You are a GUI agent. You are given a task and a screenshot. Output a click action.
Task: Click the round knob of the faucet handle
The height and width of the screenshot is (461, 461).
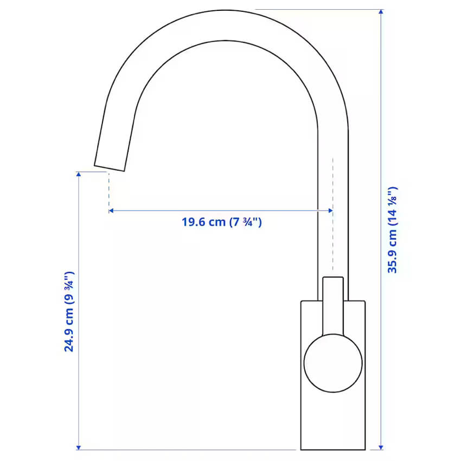click(332, 363)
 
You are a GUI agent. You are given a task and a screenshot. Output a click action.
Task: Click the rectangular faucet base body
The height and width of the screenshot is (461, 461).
click(332, 418)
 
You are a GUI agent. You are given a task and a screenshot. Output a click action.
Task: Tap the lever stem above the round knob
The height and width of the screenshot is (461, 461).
click(333, 304)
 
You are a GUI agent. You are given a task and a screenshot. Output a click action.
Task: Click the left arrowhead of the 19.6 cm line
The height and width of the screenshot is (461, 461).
click(111, 210)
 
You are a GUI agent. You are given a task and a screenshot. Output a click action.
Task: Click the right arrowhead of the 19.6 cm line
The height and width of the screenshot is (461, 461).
click(330, 210)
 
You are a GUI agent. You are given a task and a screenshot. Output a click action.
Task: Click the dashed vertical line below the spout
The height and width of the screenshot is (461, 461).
click(109, 190)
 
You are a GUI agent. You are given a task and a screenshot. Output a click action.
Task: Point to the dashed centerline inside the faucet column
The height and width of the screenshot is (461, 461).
click(332, 217)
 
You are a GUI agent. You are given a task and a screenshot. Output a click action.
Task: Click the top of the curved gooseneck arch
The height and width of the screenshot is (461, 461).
click(228, 24)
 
